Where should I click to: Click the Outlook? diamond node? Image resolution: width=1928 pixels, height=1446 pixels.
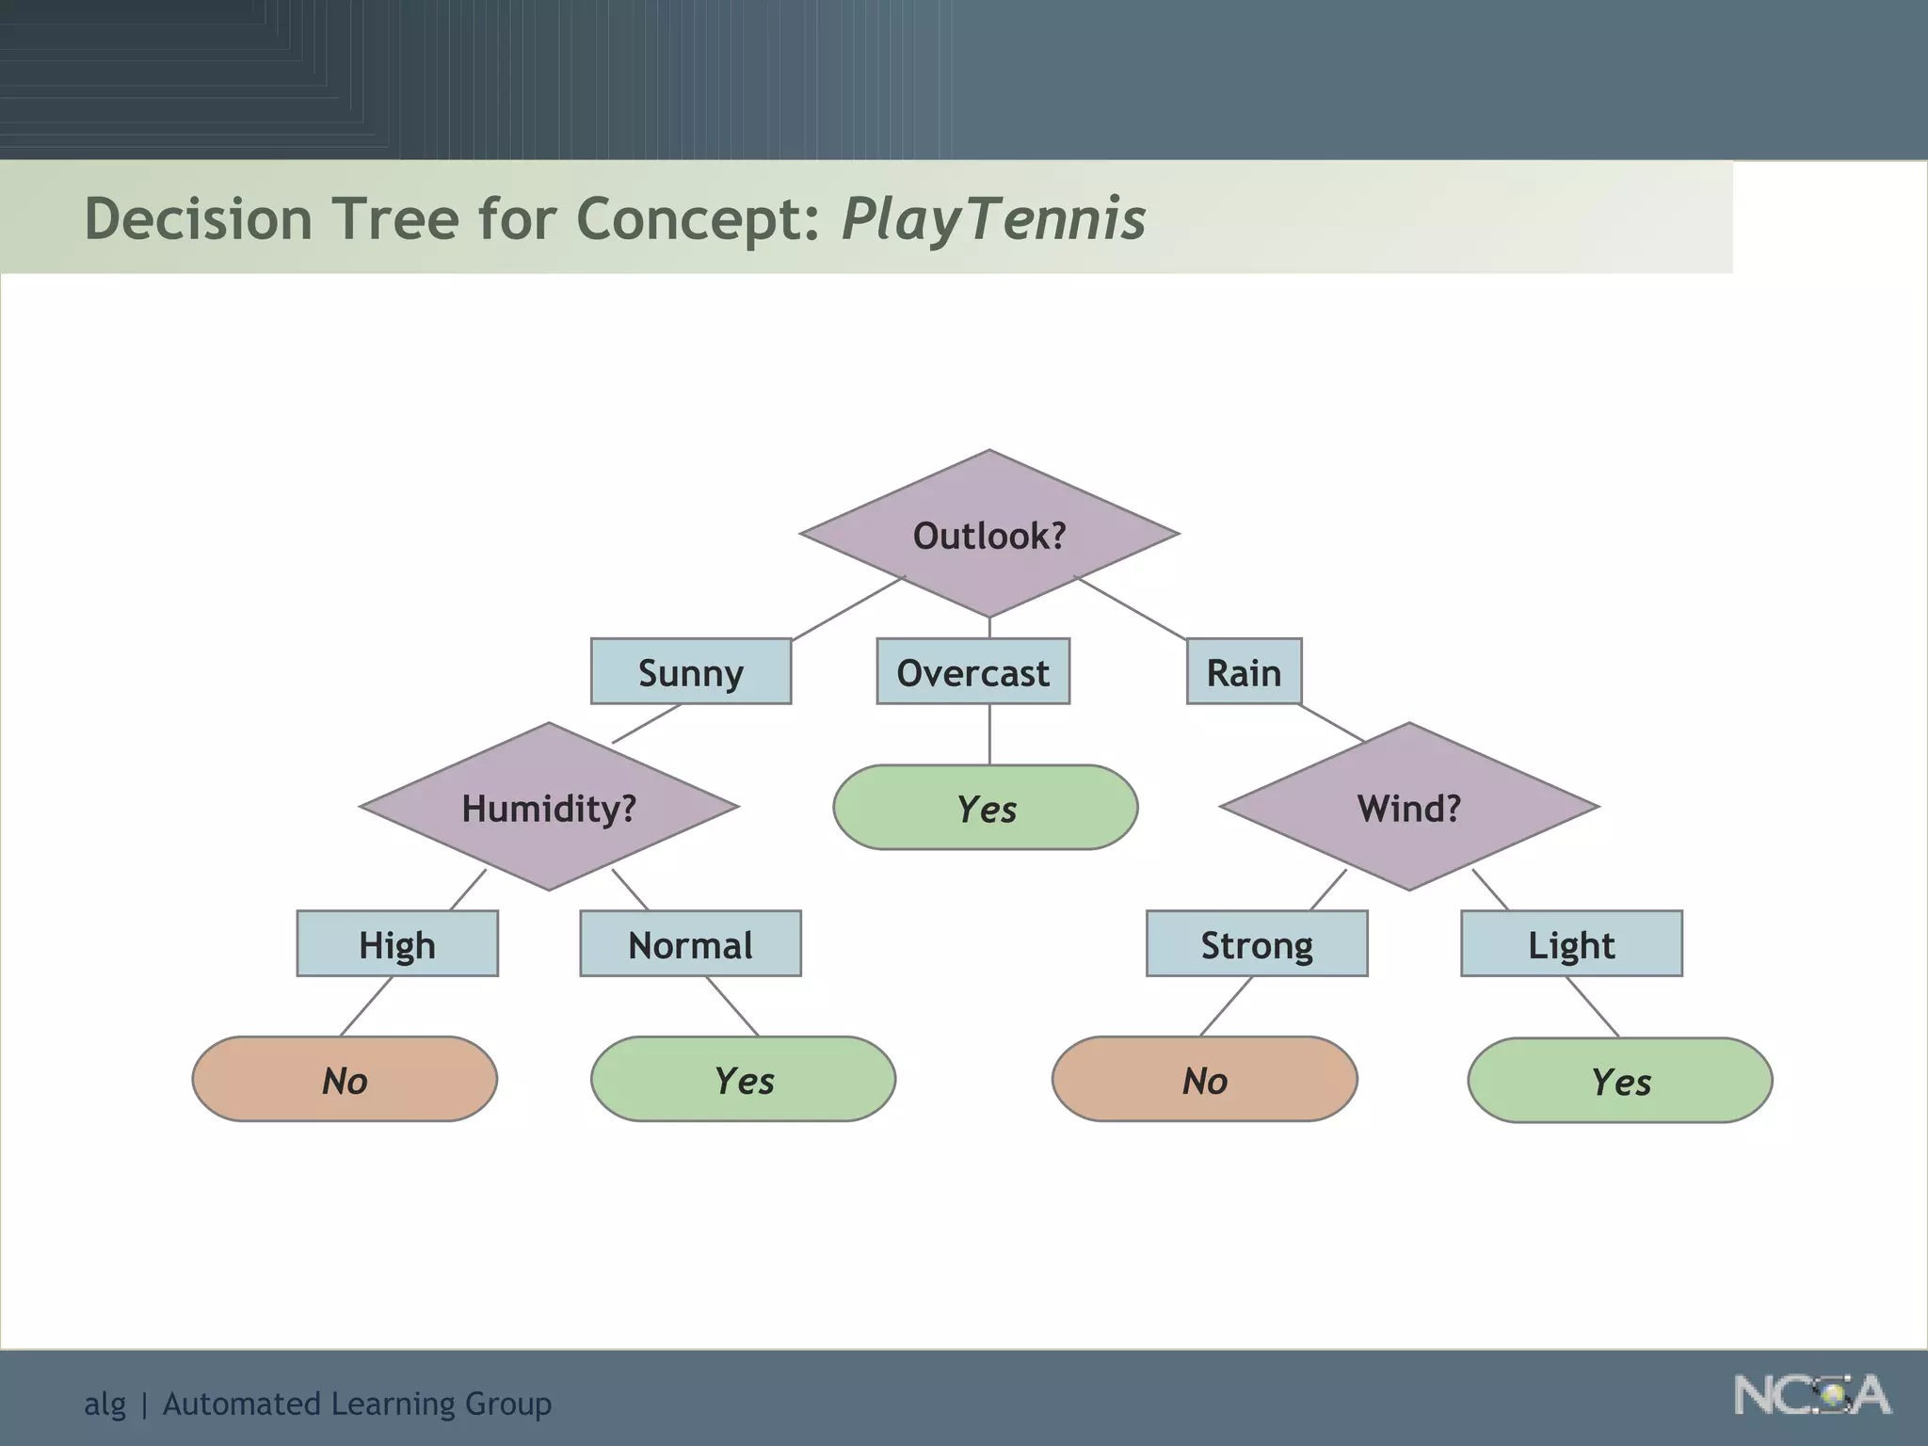pos(988,535)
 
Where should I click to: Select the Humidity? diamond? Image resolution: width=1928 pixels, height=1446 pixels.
pos(549,808)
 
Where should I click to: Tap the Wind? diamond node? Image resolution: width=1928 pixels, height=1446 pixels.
pos(1408,808)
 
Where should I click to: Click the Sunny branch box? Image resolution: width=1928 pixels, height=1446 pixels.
pos(690,672)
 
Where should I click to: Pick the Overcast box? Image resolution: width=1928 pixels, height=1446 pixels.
pos(972,672)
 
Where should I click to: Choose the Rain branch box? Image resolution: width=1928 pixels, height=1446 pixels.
pos(1244,672)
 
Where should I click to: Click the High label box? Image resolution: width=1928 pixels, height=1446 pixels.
pos(396,944)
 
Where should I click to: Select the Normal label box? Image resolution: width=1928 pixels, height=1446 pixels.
pos(690,944)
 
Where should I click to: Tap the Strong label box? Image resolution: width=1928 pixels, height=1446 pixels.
pos(1256,944)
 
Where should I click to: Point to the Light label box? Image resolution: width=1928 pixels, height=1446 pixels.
pos(1571,944)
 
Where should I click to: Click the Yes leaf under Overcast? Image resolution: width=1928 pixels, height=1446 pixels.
pos(986,808)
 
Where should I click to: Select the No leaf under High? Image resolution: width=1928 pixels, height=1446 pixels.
pos(345,1080)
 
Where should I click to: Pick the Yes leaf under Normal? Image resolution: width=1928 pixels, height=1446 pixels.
pos(743,1080)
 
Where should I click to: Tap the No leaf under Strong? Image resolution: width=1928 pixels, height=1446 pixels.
pos(1204,1080)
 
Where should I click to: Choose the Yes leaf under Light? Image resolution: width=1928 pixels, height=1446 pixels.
pos(1620,1081)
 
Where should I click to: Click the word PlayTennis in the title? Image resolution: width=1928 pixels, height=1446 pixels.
pos(993,219)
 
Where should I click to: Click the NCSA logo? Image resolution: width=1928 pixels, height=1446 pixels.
pos(1811,1395)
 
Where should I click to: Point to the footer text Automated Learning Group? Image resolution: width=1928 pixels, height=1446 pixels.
pos(357,1404)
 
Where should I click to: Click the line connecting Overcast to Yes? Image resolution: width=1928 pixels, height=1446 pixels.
pos(989,734)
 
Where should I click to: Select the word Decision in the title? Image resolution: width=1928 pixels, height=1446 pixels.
pos(198,219)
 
